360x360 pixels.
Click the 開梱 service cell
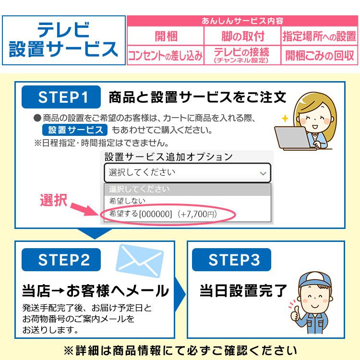pyautogui.click(x=166, y=36)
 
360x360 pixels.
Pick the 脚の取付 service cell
pyautogui.click(x=243, y=36)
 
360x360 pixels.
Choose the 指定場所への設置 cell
pyautogui.click(x=319, y=36)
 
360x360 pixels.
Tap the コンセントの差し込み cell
pyautogui.click(x=166, y=55)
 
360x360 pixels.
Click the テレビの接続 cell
pyautogui.click(x=243, y=55)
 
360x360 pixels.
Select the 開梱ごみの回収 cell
pyautogui.click(x=319, y=55)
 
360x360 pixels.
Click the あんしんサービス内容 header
pyautogui.click(x=243, y=21)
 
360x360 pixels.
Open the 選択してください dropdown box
pyautogui.click(x=187, y=172)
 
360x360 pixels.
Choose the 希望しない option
pyautogui.click(x=127, y=202)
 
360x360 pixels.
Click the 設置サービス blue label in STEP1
pyautogui.click(x=74, y=130)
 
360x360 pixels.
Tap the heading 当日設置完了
pyautogui.click(x=243, y=290)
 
